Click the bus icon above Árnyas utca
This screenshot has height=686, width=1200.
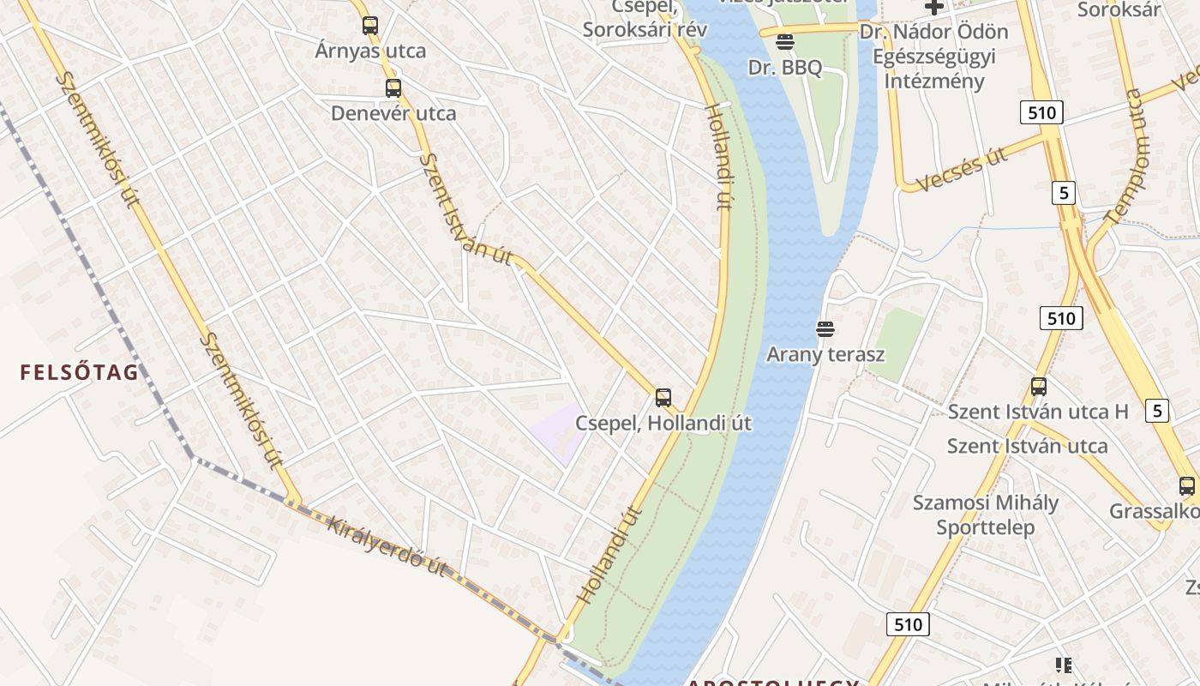(370, 26)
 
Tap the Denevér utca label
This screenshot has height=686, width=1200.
(393, 113)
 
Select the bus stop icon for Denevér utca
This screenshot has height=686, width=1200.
(393, 87)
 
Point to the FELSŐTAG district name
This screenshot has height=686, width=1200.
(79, 372)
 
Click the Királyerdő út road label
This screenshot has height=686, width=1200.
(387, 545)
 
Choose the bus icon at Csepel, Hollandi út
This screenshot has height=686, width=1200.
(663, 397)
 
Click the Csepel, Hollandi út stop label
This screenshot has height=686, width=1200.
(663, 423)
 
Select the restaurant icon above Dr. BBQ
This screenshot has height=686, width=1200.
(785, 41)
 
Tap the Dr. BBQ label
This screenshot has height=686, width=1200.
(785, 68)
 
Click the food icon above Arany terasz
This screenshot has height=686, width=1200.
(825, 328)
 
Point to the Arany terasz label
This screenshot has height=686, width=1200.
(825, 354)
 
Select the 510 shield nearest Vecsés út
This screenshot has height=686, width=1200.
(1041, 111)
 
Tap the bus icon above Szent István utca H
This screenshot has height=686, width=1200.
(1039, 386)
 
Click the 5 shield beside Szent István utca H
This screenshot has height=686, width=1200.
(1158, 411)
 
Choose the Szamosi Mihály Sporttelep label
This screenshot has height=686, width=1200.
(985, 514)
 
